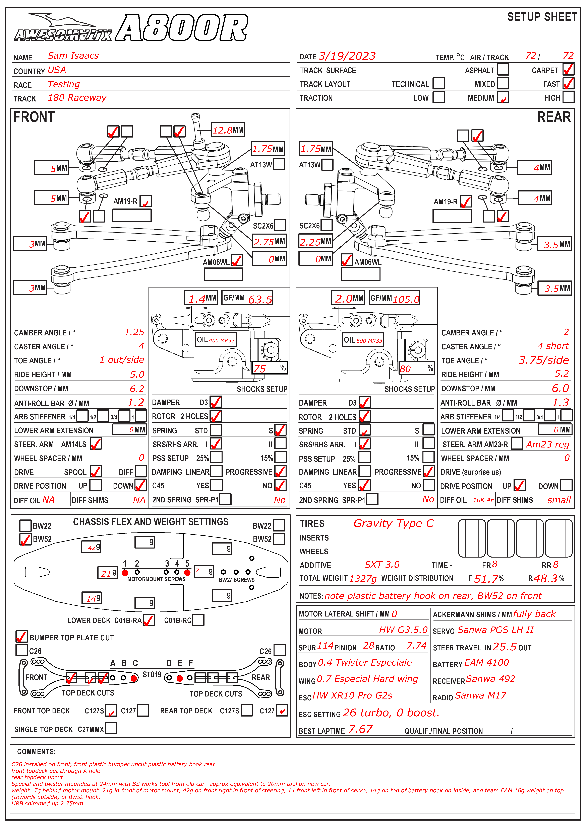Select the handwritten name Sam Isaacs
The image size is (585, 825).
click(x=73, y=56)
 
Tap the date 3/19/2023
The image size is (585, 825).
click(x=347, y=56)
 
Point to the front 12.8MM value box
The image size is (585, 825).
click(x=228, y=130)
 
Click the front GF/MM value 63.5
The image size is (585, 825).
click(x=260, y=299)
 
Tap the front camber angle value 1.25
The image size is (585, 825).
click(x=134, y=332)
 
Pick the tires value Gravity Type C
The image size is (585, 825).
click(x=393, y=523)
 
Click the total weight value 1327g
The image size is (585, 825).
click(x=363, y=578)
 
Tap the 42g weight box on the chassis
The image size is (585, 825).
click(x=91, y=547)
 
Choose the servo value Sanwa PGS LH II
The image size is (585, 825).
click(x=495, y=630)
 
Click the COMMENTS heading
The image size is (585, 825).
click(x=36, y=752)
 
